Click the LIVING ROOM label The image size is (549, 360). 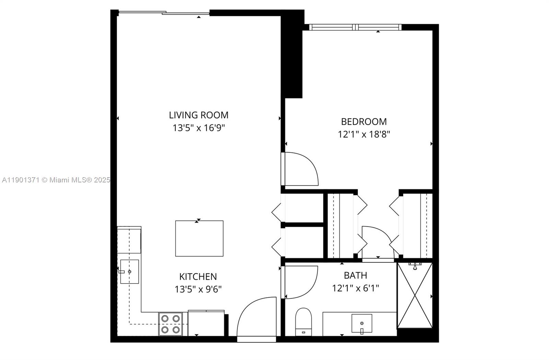[x=198, y=115]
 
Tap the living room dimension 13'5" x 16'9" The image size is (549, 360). [x=198, y=128]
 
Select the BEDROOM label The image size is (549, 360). [x=364, y=122]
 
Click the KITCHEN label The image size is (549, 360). [x=198, y=276]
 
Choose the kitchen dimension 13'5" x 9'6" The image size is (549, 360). [x=198, y=289]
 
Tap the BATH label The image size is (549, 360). [x=355, y=275]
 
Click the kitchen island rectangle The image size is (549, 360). [x=199, y=238]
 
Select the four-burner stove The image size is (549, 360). [x=171, y=324]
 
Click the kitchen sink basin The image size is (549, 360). [x=129, y=272]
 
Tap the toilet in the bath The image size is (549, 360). [x=303, y=321]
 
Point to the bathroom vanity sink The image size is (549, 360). [x=362, y=323]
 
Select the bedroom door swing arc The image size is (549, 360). [x=301, y=169]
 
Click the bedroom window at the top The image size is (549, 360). [x=355, y=27]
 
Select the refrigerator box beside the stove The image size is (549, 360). [x=206, y=323]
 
